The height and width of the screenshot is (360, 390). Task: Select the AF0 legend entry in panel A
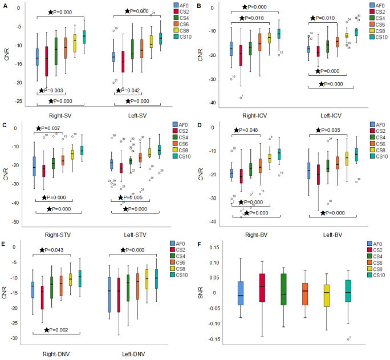184,5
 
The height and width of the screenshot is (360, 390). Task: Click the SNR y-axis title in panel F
201,292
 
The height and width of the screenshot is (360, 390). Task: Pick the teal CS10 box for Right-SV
84,37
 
